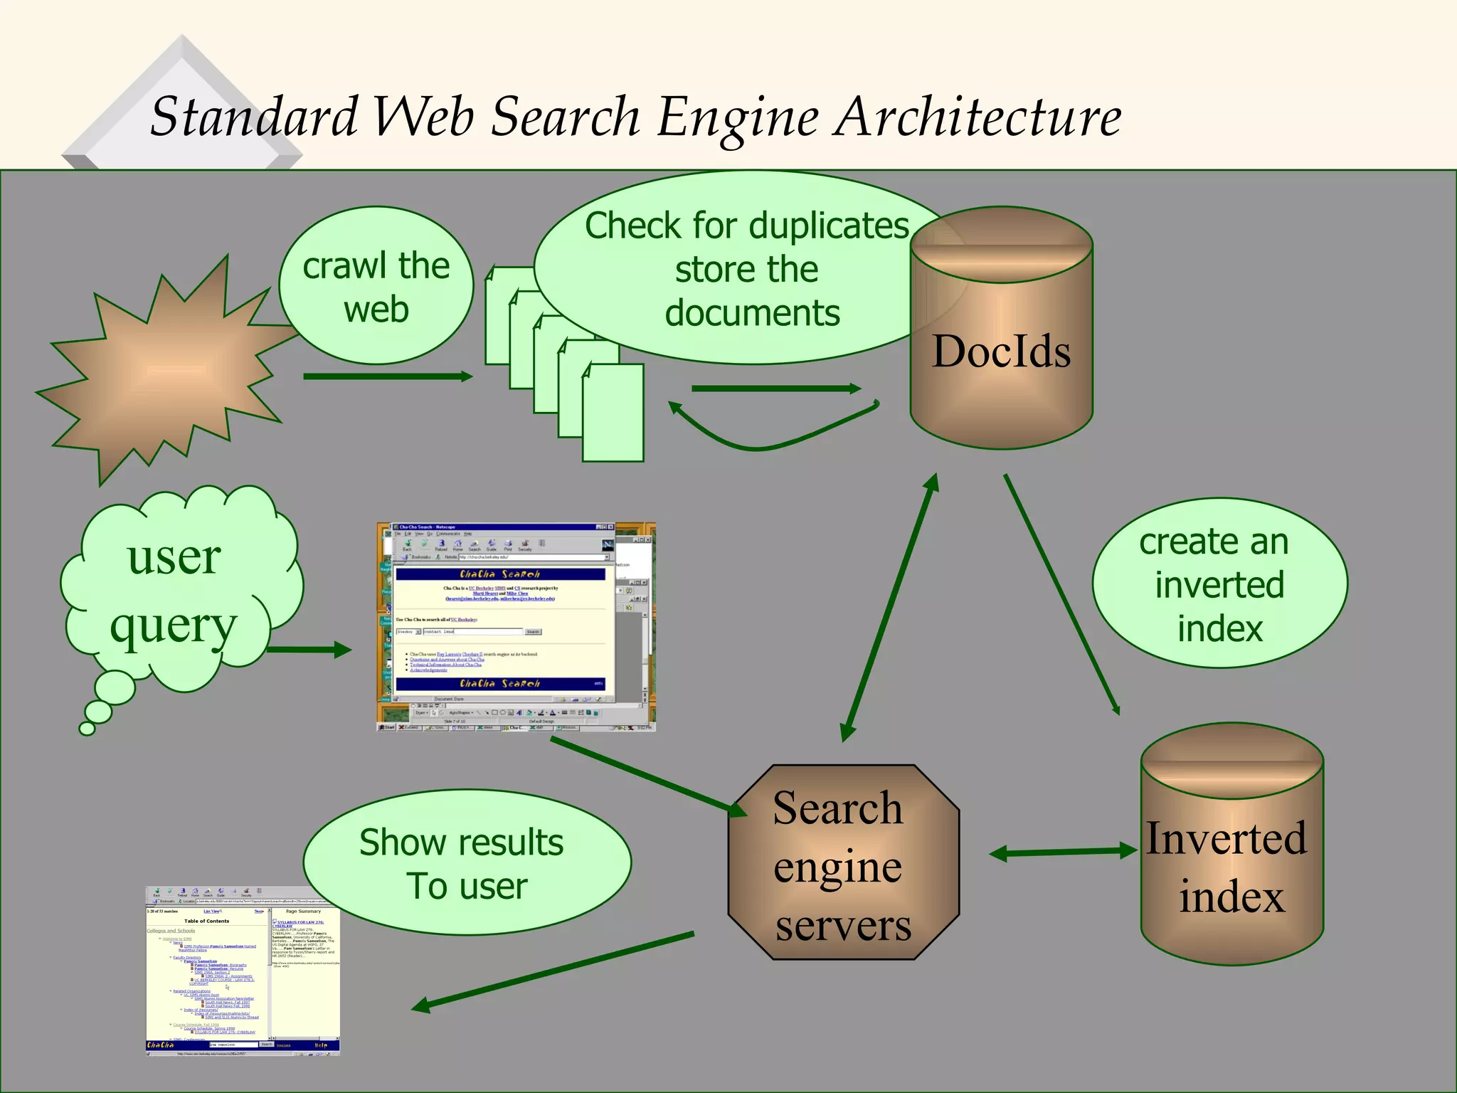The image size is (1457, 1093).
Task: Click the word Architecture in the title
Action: coord(978,117)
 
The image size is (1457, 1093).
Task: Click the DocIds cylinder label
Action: coord(1001,352)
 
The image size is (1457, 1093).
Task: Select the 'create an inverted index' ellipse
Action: coord(1219,584)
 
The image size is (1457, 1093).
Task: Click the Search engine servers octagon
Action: coord(843,863)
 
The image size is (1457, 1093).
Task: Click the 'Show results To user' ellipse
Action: coord(466,863)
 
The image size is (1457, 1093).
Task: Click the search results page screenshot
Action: coord(242,971)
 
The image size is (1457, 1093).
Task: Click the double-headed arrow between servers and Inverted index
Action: coord(1063,852)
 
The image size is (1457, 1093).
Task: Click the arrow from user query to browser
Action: coord(309,649)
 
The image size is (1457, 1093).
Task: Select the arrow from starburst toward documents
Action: coord(388,376)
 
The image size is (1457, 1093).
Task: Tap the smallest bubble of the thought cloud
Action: coord(87,728)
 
